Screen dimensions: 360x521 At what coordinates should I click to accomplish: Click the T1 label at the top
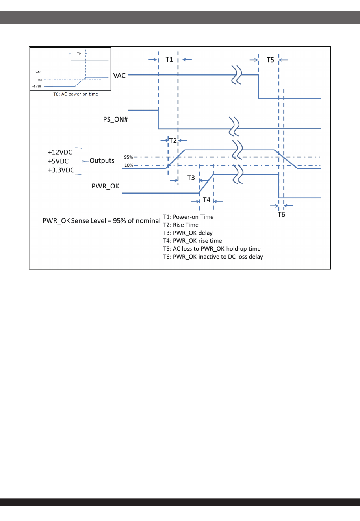[169, 60]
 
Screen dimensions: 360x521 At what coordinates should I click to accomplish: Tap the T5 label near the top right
[270, 60]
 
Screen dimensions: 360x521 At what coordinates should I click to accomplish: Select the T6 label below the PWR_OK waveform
[281, 215]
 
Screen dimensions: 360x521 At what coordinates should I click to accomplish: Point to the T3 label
[191, 178]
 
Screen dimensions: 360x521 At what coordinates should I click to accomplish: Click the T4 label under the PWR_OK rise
[206, 200]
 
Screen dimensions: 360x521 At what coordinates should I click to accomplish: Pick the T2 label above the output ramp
[173, 141]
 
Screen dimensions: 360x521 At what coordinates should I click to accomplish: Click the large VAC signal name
[119, 76]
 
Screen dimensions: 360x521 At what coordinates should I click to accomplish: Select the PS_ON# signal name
[115, 120]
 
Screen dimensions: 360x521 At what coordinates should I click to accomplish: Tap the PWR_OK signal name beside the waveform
[105, 186]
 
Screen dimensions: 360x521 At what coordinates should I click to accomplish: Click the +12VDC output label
[60, 152]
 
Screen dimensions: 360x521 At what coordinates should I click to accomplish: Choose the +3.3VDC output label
[61, 170]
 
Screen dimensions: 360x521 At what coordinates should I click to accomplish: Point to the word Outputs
[102, 161]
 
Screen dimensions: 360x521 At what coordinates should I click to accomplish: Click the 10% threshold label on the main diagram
[128, 165]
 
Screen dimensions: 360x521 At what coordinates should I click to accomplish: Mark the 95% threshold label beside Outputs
[128, 157]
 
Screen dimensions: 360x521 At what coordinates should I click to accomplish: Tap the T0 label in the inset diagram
[79, 54]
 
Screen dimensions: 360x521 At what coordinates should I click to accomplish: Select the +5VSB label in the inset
[37, 87]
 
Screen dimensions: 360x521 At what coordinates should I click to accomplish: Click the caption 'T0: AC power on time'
[76, 94]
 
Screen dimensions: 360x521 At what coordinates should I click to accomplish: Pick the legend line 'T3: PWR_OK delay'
[188, 233]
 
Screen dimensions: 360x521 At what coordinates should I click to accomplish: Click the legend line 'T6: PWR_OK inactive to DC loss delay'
[213, 257]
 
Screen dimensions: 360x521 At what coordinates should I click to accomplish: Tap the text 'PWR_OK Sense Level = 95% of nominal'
[102, 221]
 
